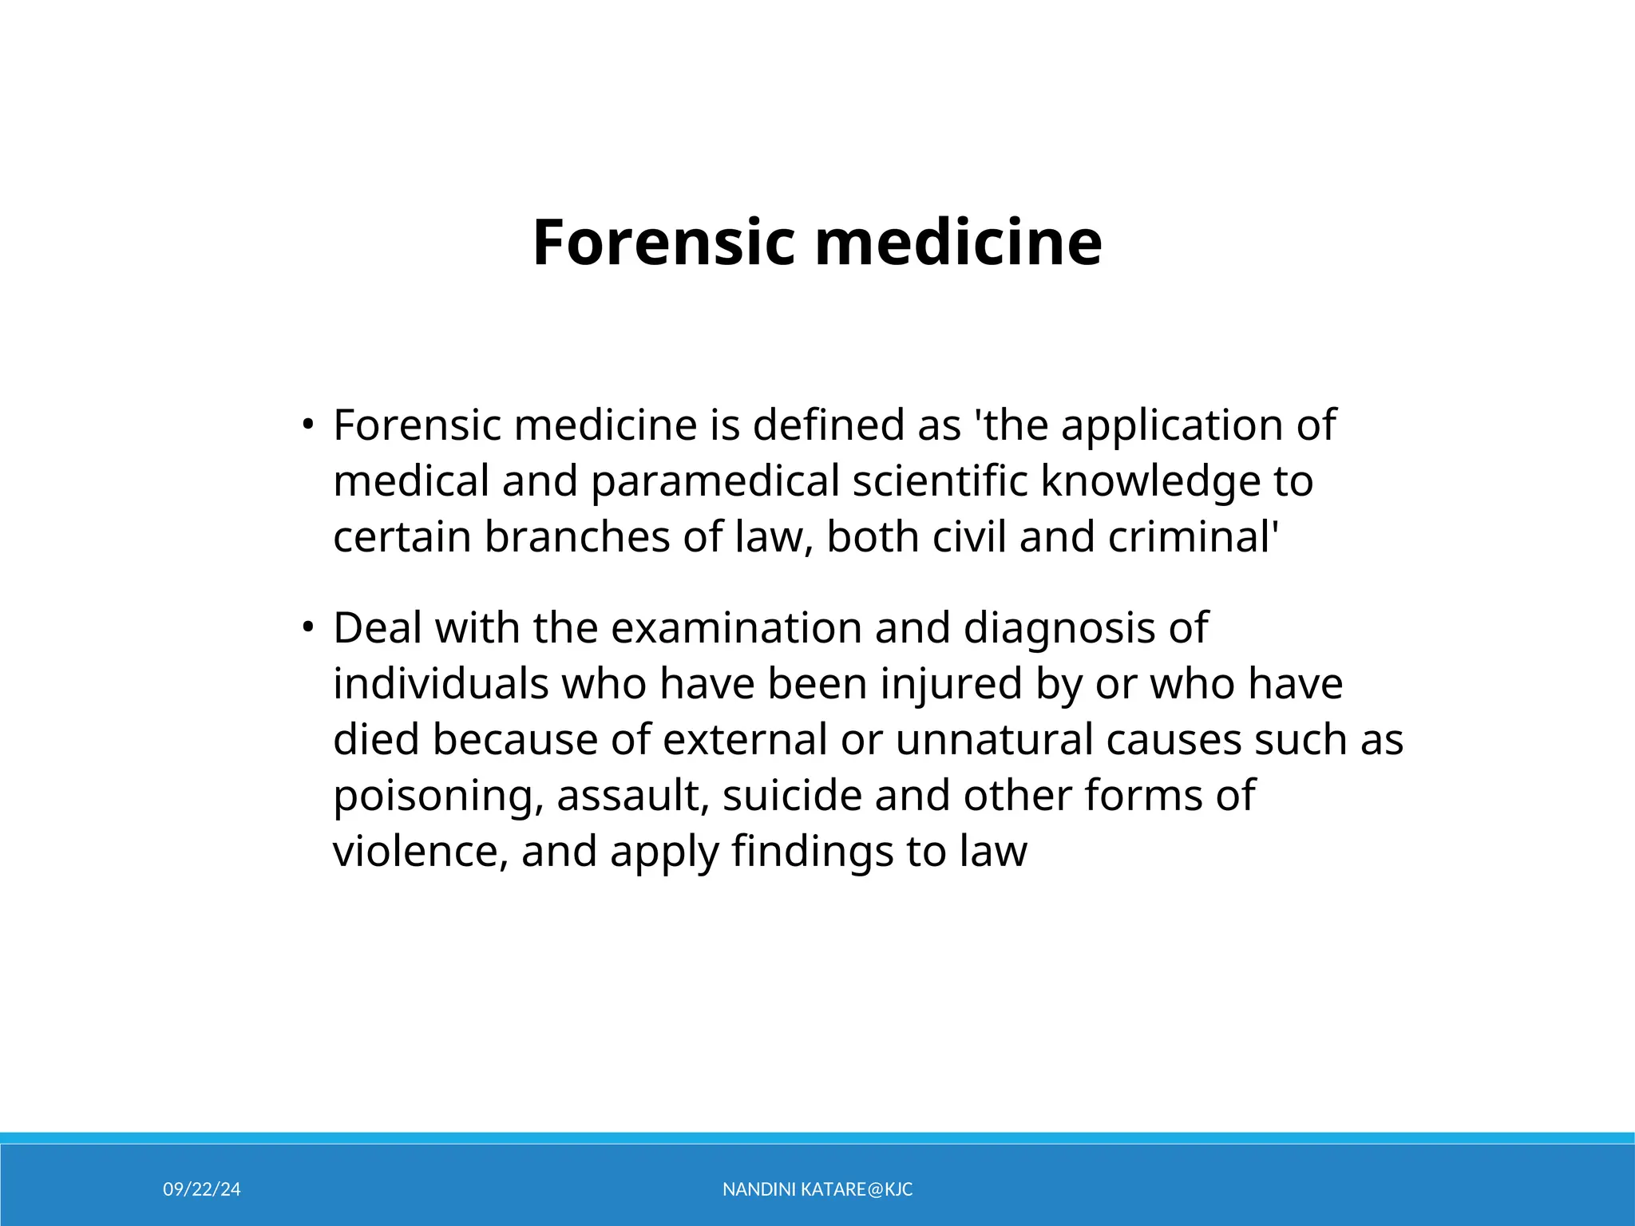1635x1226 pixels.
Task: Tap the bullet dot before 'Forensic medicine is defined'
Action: point(307,424)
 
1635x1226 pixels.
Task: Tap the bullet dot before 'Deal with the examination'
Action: point(307,627)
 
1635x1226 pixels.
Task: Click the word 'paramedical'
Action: point(715,481)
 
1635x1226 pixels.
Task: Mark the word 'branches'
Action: point(576,536)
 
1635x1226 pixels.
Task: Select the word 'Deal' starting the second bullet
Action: point(378,627)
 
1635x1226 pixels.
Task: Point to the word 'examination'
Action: point(736,627)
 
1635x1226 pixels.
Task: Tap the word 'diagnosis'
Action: point(1059,629)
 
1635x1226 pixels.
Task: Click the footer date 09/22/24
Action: point(202,1189)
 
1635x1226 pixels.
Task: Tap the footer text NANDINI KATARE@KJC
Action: point(817,1189)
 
